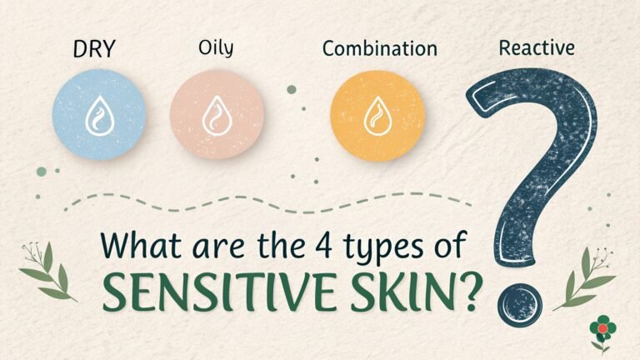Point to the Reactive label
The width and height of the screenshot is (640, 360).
tap(536, 47)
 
